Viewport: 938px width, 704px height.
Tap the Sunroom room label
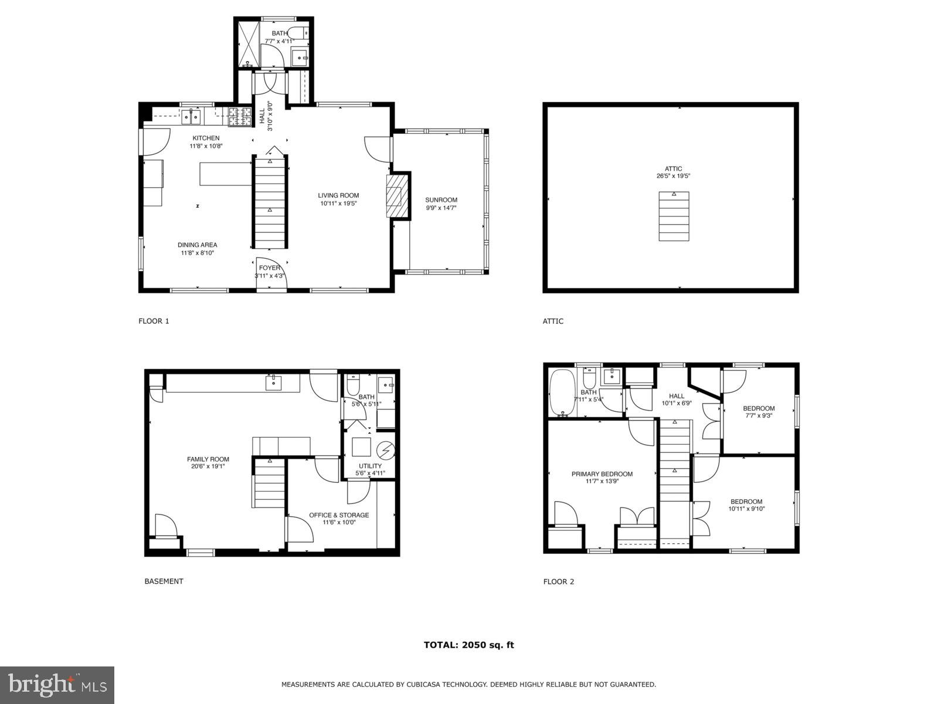(x=441, y=200)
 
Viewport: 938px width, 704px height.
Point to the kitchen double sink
(x=191, y=116)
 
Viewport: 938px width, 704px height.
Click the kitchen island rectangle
(x=226, y=174)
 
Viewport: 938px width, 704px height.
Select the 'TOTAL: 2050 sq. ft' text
(x=468, y=645)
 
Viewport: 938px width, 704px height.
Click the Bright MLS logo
(x=57, y=685)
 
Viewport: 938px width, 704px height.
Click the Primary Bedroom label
(x=602, y=474)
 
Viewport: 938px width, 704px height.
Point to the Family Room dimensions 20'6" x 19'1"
(x=208, y=466)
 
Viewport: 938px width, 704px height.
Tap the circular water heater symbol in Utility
(x=386, y=451)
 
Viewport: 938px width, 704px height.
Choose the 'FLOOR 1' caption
(x=154, y=321)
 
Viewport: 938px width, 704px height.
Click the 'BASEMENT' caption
(x=164, y=581)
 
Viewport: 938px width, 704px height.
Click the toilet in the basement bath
(x=353, y=385)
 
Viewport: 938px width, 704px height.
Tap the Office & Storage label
(x=339, y=515)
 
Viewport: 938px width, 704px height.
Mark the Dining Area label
(x=197, y=245)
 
